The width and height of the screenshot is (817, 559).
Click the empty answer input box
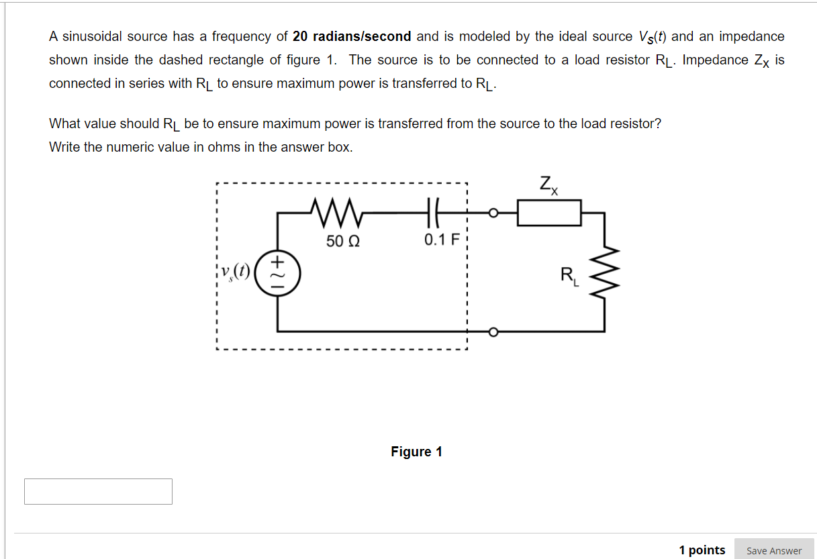(x=98, y=491)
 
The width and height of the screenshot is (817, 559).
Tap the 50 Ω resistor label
(x=343, y=240)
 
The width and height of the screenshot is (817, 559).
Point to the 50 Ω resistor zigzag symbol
(x=334, y=213)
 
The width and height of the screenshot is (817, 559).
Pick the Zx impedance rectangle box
(x=549, y=213)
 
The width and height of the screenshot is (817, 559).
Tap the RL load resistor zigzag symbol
(x=604, y=273)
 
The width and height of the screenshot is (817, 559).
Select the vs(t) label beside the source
(x=236, y=272)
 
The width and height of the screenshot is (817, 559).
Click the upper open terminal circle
(x=493, y=213)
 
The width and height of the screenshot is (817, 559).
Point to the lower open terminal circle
(x=493, y=332)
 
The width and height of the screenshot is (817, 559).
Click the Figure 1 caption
(x=416, y=452)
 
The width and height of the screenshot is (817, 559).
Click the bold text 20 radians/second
(x=352, y=36)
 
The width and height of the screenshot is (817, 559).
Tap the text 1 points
(x=702, y=550)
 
